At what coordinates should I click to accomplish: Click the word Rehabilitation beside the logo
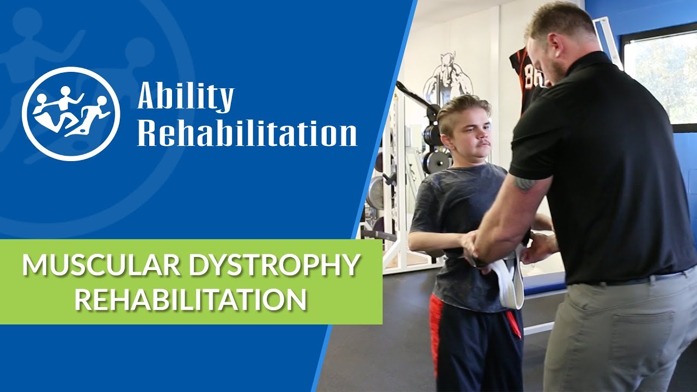pyautogui.click(x=247, y=132)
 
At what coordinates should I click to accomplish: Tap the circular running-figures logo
pyautogui.click(x=71, y=113)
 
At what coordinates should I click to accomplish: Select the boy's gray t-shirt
pyautogui.click(x=452, y=218)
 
